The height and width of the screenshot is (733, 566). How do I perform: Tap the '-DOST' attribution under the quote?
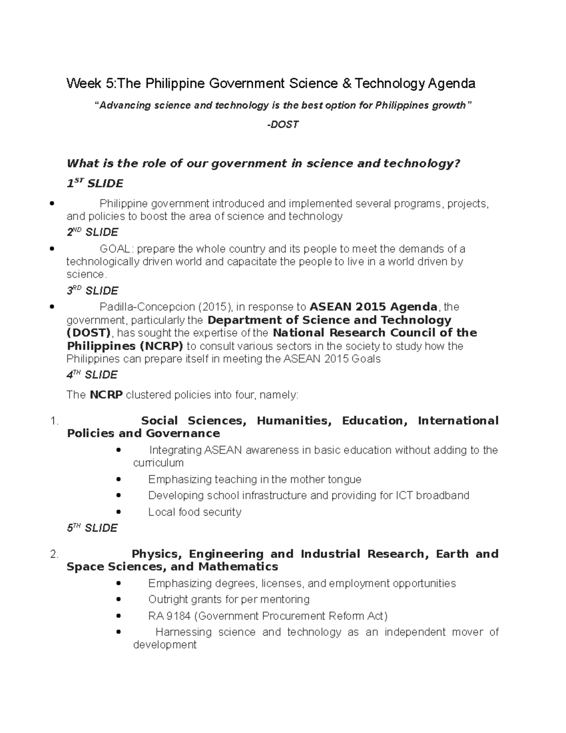pyautogui.click(x=283, y=125)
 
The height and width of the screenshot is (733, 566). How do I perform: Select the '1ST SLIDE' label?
pyautogui.click(x=95, y=183)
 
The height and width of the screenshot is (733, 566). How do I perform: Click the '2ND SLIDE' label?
pyautogui.click(x=92, y=232)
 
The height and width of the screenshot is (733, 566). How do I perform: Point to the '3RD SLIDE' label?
pyautogui.click(x=92, y=291)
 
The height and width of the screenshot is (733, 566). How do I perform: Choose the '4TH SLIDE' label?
pyautogui.click(x=92, y=375)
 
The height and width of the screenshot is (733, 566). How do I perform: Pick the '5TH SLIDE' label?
pyautogui.click(x=92, y=528)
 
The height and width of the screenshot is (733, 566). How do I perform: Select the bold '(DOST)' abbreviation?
pyautogui.click(x=89, y=333)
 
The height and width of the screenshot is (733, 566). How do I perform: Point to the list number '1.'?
pyautogui.click(x=54, y=421)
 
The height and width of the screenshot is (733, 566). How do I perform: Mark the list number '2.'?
pyautogui.click(x=54, y=554)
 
